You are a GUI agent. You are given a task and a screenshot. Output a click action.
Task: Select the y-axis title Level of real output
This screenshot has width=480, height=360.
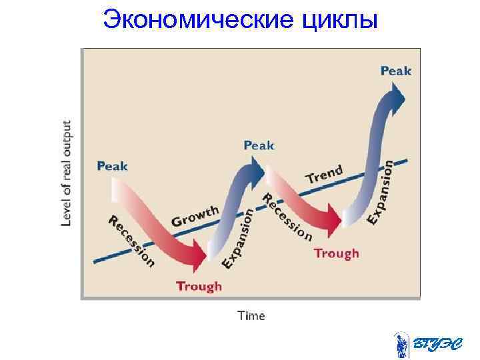(67, 173)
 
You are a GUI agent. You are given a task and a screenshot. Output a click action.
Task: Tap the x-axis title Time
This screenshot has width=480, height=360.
(251, 315)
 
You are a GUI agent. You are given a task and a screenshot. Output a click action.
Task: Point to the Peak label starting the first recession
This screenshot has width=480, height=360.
(112, 165)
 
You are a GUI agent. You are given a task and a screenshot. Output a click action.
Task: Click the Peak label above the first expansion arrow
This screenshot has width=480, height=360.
(258, 145)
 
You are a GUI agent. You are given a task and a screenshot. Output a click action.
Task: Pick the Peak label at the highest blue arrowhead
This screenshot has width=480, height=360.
(395, 70)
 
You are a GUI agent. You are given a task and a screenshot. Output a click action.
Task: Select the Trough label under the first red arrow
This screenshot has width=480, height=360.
(199, 286)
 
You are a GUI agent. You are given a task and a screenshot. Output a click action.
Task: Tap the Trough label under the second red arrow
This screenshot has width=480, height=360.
(336, 253)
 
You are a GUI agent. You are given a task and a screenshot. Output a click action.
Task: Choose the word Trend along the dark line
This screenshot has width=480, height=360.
(324, 175)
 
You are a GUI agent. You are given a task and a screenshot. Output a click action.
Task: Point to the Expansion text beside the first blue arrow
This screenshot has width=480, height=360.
(238, 239)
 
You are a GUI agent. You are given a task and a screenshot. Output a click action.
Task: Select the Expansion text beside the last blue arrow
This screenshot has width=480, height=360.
(388, 191)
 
